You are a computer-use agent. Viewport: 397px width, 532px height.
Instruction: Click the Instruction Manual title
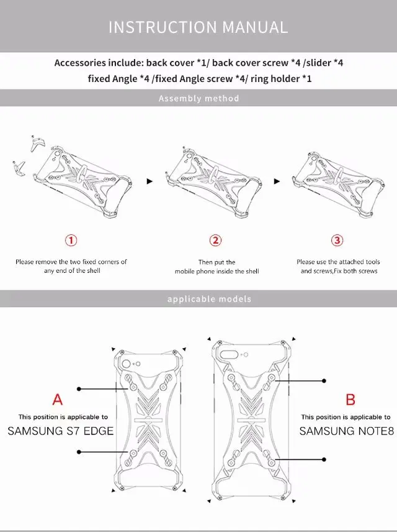coord(198,27)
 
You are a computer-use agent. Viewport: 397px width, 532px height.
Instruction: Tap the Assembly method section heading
coord(199,98)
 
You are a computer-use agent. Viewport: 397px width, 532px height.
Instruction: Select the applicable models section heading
coord(209,299)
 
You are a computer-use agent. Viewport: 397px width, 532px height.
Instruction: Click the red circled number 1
coord(71,241)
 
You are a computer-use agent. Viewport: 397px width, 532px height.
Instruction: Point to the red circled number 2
coord(215,241)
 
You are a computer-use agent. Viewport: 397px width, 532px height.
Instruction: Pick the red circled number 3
coord(337,241)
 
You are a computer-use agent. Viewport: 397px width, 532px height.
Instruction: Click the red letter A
coord(58,400)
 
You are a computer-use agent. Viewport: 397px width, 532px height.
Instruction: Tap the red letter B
coord(350,400)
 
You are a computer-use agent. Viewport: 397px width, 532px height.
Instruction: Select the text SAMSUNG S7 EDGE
coord(61,431)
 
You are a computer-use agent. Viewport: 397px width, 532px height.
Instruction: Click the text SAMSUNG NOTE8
coord(347,431)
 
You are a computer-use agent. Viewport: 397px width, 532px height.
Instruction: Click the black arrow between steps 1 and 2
coord(149,181)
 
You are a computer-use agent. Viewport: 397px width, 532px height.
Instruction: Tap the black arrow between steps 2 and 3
coord(277,181)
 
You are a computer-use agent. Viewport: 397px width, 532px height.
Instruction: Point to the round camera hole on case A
coord(127,364)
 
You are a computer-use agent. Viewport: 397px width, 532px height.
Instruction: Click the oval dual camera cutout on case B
coord(229,355)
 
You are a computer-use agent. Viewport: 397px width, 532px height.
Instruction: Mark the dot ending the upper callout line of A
coord(79,389)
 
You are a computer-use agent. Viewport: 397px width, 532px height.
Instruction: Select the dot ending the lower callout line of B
coord(324,459)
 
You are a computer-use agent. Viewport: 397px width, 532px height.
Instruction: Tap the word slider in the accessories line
coord(319,63)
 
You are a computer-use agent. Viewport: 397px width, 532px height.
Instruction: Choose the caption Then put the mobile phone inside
coord(216,267)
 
